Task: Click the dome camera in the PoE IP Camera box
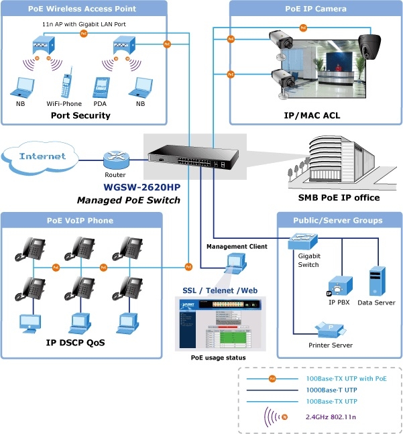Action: pos(369,46)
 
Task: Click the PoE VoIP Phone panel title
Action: pos(80,220)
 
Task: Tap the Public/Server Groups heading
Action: pos(338,220)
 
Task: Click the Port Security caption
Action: pos(80,115)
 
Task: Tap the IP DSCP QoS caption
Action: pos(75,342)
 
